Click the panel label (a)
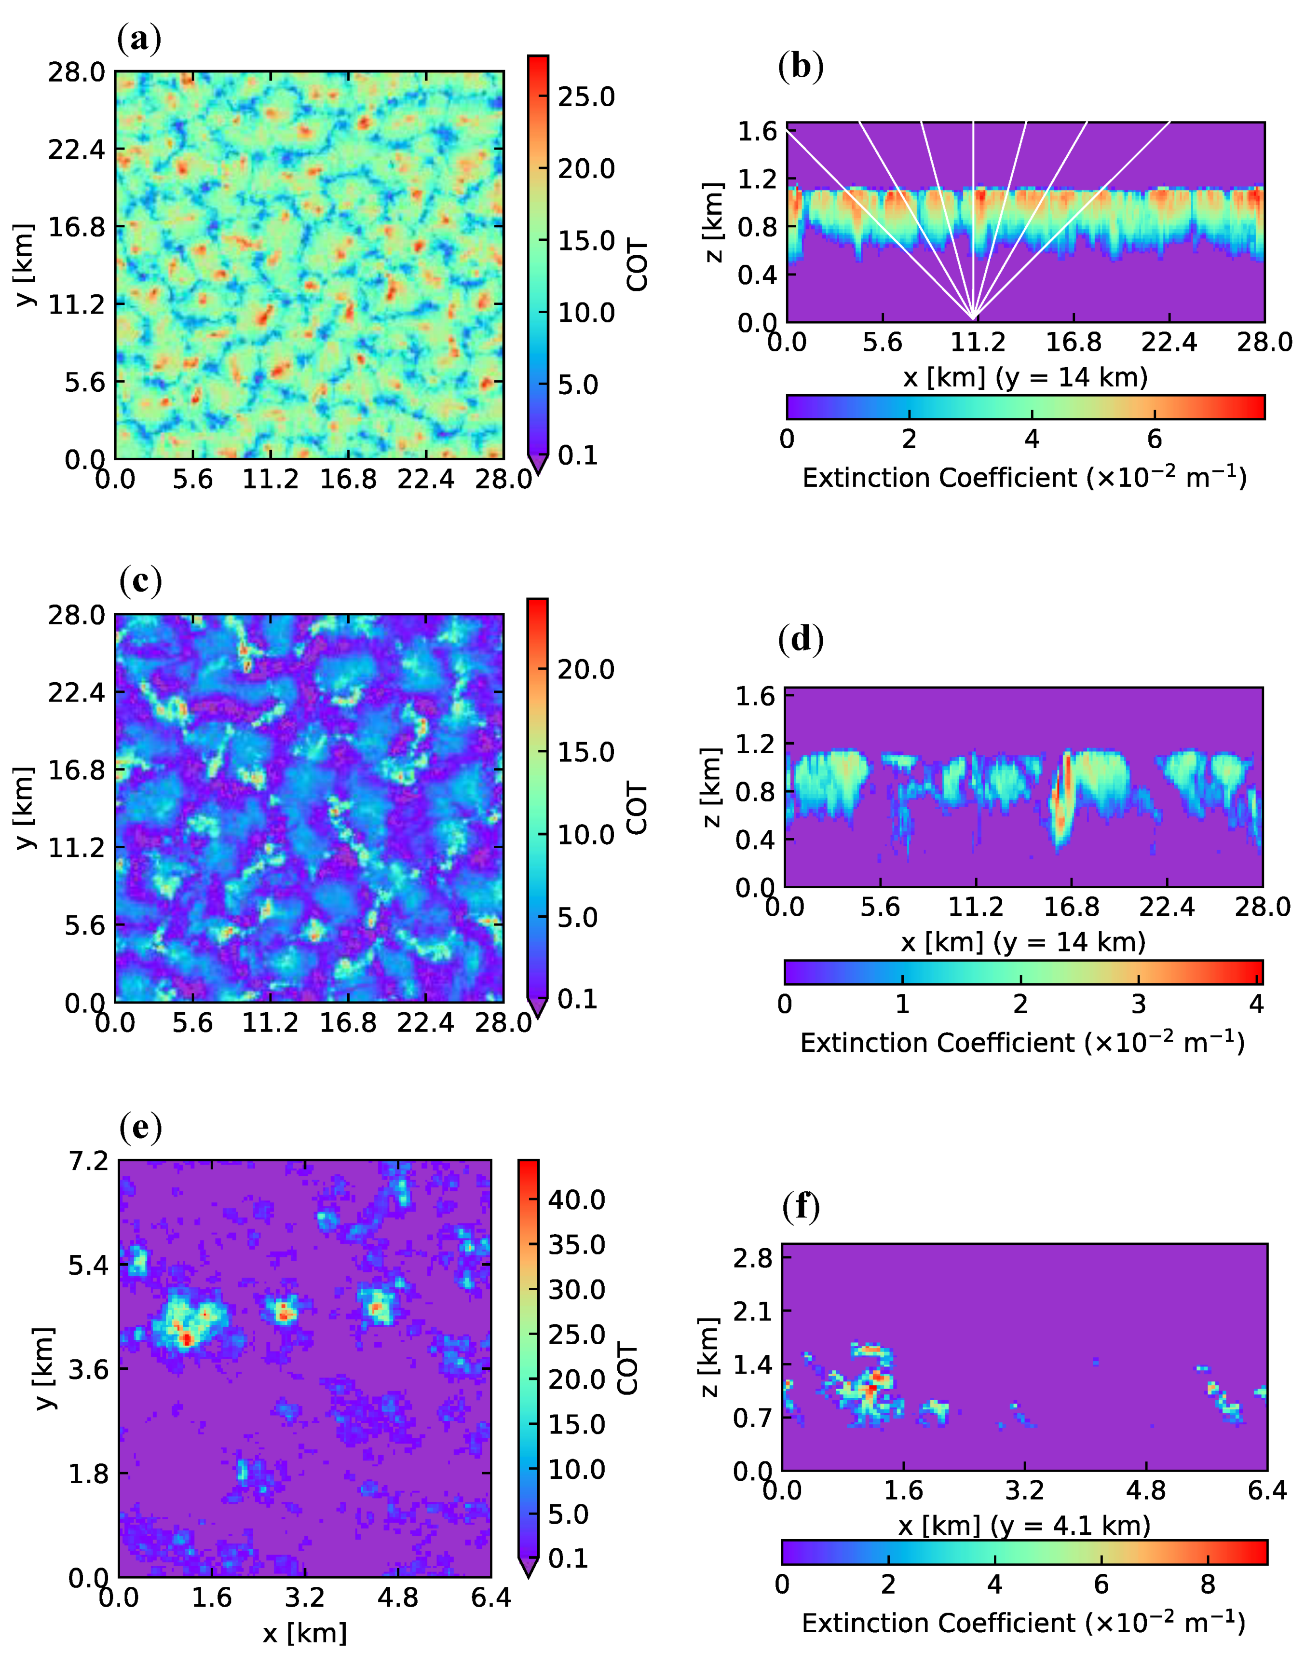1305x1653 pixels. pos(140,38)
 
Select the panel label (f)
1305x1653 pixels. pos(801,1206)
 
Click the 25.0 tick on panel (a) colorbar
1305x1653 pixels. pos(585,97)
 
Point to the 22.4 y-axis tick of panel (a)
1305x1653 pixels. pos(76,149)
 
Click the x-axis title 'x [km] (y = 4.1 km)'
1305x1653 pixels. pos(1024,1525)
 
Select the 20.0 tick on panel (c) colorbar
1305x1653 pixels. pos(585,670)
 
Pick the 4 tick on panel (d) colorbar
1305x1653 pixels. pos(1256,1004)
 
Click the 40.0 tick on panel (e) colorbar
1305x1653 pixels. pos(576,1200)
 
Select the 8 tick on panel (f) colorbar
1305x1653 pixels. pos(1207,1584)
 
